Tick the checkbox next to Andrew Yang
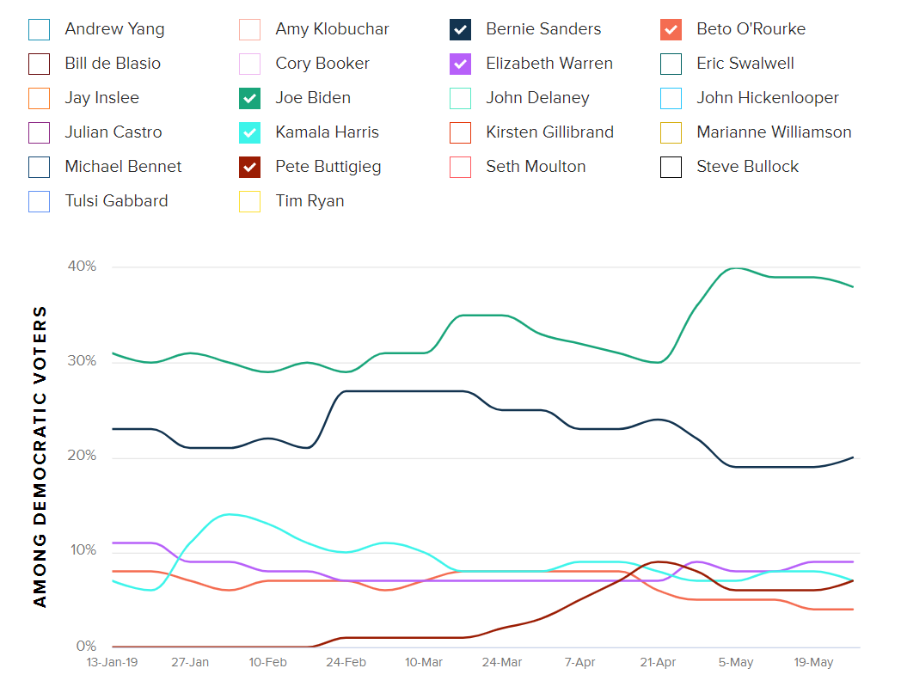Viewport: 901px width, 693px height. coord(39,29)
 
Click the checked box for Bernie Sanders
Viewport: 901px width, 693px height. coord(460,29)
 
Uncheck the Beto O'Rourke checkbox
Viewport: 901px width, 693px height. coord(671,29)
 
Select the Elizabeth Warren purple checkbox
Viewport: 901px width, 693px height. coord(460,64)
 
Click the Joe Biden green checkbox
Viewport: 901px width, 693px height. coord(249,98)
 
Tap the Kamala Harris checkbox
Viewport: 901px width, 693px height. coord(249,132)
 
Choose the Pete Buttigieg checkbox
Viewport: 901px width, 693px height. coord(249,167)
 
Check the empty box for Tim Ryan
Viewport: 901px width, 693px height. coord(249,201)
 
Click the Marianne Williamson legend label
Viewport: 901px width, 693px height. coord(774,132)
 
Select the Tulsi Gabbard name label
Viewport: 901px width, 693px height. coord(116,201)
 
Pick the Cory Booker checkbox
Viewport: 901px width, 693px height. coord(249,64)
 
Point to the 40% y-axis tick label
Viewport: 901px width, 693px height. coord(82,267)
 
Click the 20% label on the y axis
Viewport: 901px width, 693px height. coord(82,457)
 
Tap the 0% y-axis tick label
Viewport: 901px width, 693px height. coord(85,646)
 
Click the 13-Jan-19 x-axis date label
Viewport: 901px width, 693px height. coord(112,663)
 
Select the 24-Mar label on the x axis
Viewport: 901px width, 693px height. coord(501,663)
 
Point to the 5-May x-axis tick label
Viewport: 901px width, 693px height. coord(735,663)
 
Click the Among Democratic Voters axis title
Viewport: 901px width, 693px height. coord(40,457)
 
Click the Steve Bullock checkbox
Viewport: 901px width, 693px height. coord(671,167)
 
